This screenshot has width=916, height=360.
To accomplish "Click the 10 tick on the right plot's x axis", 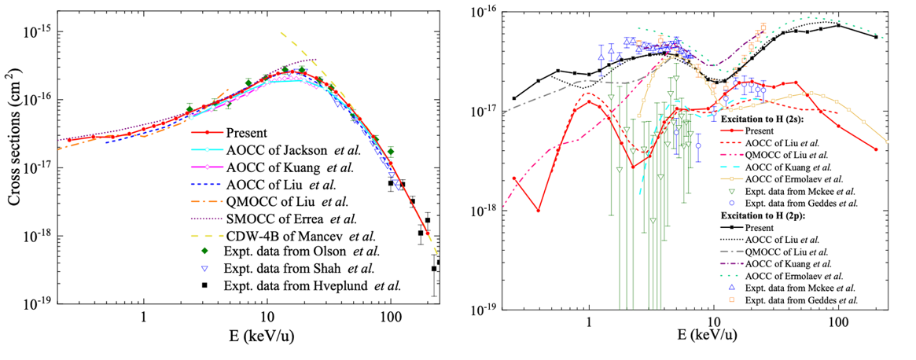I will pos(713,321).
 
